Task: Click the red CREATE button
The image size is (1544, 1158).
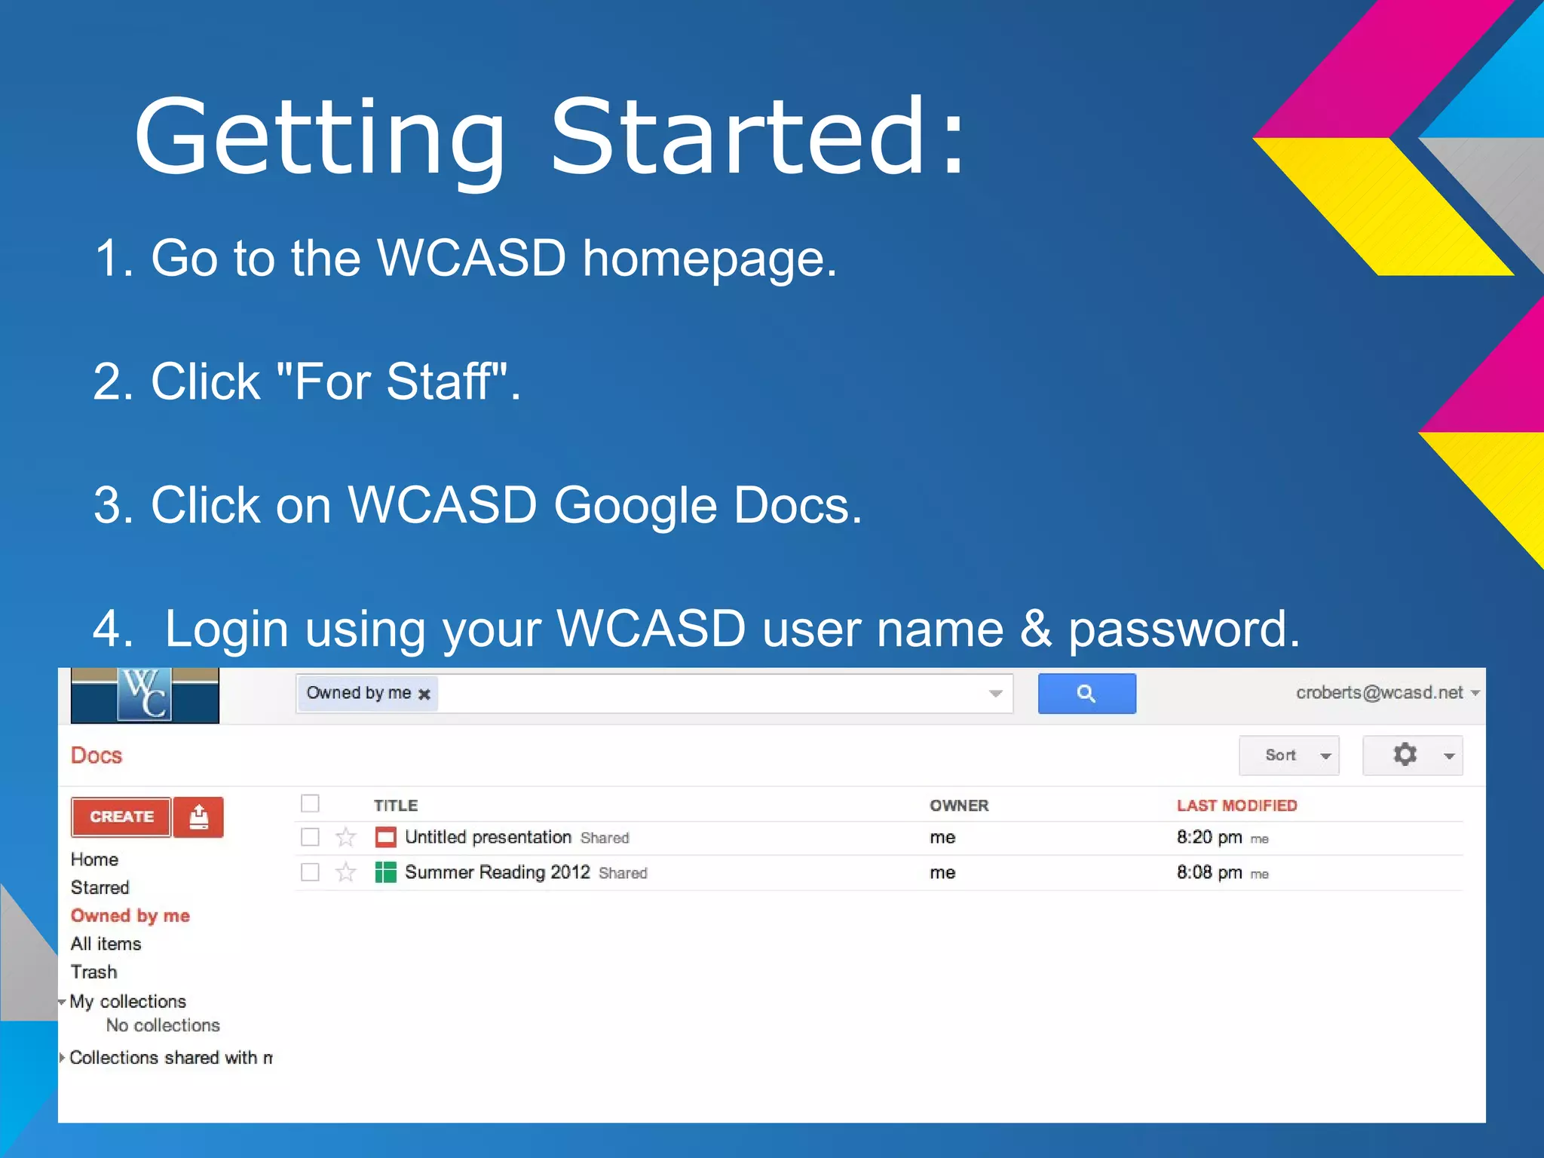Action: tap(121, 817)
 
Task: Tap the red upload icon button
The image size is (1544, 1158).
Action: tap(198, 817)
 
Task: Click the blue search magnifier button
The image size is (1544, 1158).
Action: tap(1086, 694)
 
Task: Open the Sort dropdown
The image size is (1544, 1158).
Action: tap(1288, 755)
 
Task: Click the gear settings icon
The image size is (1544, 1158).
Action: tap(1405, 755)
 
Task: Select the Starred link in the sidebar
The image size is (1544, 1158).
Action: tap(100, 887)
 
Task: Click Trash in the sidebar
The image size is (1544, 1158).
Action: tap(94, 972)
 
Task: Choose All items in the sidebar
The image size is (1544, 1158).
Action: tap(106, 944)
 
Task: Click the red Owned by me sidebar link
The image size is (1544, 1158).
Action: tap(130, 916)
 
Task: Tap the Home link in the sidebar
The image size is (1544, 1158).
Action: tap(95, 859)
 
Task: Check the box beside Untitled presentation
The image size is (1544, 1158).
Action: tap(310, 837)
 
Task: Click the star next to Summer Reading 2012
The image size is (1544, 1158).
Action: tap(346, 872)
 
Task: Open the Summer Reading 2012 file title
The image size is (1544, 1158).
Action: tap(498, 872)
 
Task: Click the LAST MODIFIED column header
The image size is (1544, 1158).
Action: tap(1236, 805)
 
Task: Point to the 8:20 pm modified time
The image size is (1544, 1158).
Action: tap(1209, 837)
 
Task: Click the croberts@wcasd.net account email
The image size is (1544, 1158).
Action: tap(1380, 693)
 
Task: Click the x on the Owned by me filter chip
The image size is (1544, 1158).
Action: tap(424, 694)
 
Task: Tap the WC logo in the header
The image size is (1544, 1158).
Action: tap(145, 695)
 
